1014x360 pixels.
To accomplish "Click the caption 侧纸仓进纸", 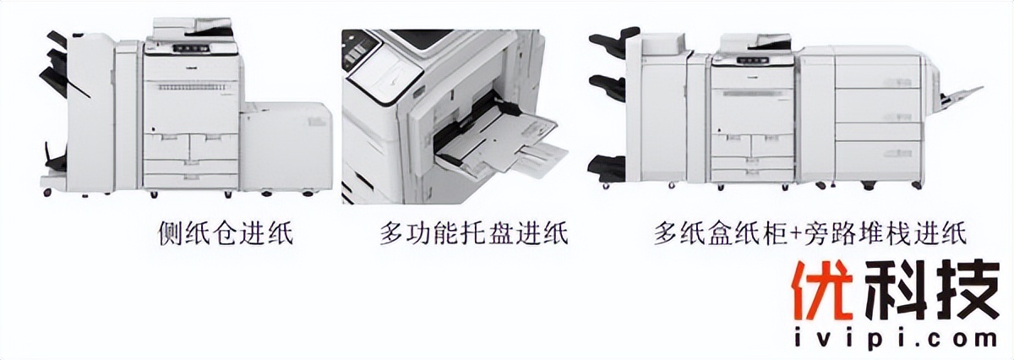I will [226, 233].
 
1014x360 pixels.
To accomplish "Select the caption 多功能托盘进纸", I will [473, 233].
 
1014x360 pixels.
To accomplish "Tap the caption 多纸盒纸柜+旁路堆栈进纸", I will [809, 233].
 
